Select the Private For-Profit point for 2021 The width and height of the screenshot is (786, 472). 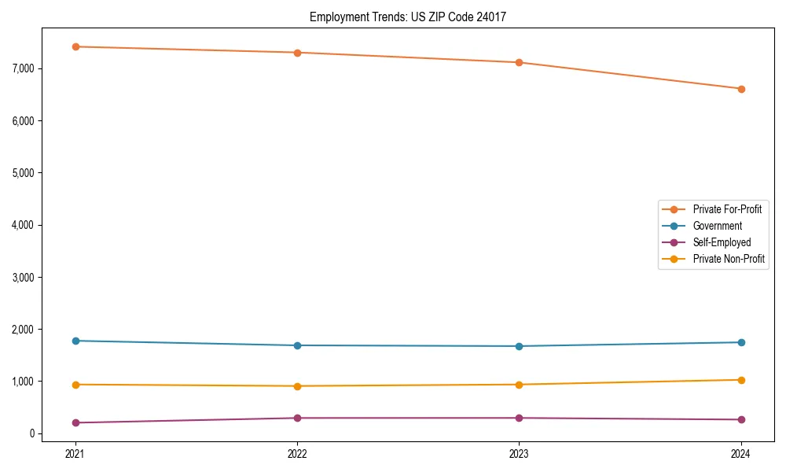coord(75,46)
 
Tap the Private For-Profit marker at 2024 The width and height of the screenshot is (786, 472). coord(741,89)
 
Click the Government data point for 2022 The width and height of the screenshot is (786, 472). coord(297,345)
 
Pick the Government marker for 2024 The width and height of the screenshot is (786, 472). coord(741,342)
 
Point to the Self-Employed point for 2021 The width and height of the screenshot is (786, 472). coord(75,422)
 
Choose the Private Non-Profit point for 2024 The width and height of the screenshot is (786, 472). coord(741,380)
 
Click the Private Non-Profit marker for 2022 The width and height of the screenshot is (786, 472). coord(297,386)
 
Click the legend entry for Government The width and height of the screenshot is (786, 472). coord(717,226)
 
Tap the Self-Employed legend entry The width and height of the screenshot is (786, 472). coord(722,242)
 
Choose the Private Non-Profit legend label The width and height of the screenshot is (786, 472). coord(729,259)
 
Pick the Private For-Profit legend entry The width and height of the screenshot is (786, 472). coord(727,209)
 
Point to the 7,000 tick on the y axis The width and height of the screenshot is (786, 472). coord(24,68)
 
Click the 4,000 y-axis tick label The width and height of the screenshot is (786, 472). coord(24,225)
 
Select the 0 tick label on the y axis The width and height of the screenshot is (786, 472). coord(32,433)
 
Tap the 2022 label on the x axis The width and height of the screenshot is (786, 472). coord(297,453)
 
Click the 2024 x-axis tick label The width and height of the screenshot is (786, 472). coord(741,453)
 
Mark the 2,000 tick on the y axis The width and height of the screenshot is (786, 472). coord(24,329)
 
